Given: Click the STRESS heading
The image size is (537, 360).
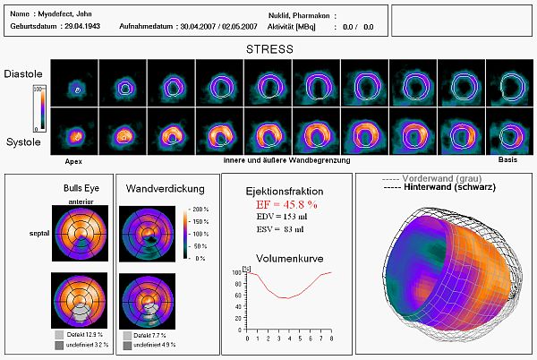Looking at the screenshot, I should coord(268,48).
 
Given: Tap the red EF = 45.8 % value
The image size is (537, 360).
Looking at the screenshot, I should coord(286,205).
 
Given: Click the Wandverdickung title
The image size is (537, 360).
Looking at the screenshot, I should coord(160,189).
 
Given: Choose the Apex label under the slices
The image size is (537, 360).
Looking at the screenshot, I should coord(74,162).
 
